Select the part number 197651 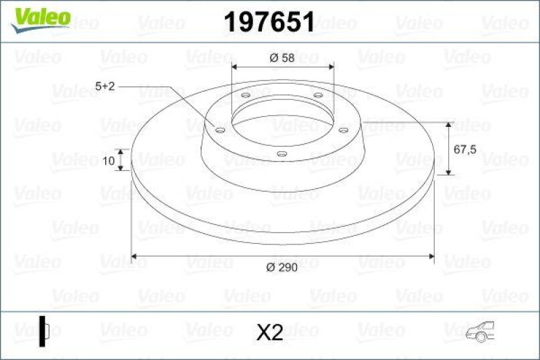pyautogui.click(x=269, y=24)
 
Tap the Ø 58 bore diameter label pyautogui.click(x=281, y=58)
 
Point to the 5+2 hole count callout pyautogui.click(x=105, y=86)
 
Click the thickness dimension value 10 pyautogui.click(x=108, y=160)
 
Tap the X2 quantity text pyautogui.click(x=270, y=332)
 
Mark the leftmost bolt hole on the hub pyautogui.click(x=220, y=129)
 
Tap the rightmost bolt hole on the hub pyautogui.click(x=343, y=130)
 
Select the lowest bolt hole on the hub pyautogui.click(x=281, y=155)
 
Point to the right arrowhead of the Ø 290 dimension pyautogui.click(x=430, y=256)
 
